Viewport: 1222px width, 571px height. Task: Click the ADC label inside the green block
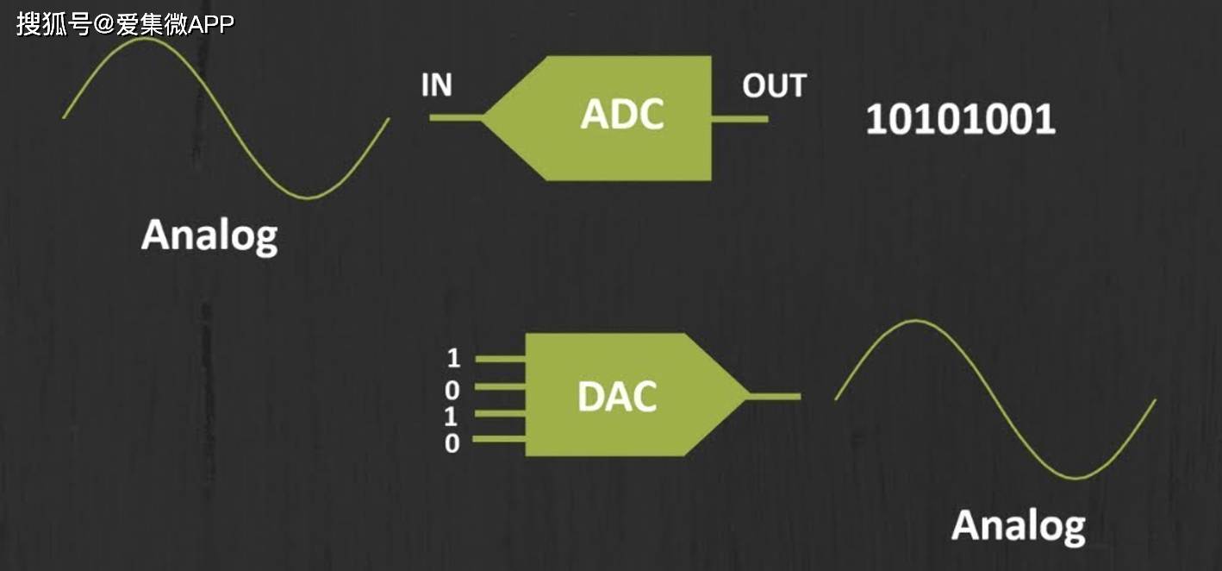point(622,115)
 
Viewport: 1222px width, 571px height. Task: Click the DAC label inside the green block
point(617,396)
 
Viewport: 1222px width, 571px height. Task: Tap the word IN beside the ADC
point(437,85)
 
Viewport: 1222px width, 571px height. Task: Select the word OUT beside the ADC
point(774,86)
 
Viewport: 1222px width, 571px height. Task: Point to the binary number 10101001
point(960,120)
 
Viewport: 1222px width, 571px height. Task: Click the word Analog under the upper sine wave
point(209,235)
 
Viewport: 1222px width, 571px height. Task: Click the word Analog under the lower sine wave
point(1019,525)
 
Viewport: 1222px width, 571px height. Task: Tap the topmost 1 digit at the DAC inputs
point(453,358)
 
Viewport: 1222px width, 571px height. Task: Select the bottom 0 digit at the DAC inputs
point(452,443)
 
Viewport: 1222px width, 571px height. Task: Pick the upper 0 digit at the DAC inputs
point(452,391)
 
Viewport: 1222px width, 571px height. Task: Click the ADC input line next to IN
point(455,117)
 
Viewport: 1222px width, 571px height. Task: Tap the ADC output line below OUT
point(739,118)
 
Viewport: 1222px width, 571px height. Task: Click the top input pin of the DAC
point(500,358)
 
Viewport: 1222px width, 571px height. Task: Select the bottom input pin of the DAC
point(500,440)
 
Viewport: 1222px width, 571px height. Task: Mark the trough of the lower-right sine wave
point(1075,477)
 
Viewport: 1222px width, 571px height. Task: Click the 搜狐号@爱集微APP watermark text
point(125,23)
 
